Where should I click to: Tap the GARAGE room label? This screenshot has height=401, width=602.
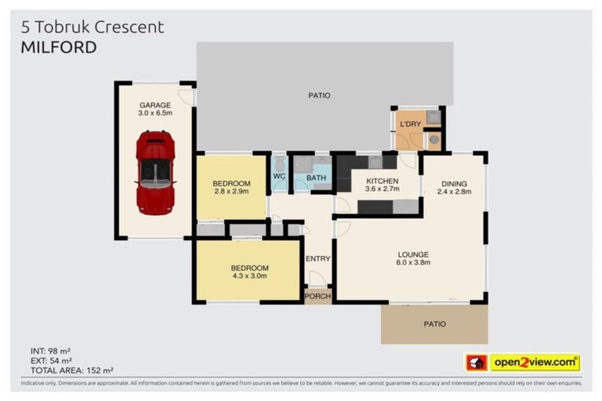pos(155,104)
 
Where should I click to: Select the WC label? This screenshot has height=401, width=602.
pos(279,177)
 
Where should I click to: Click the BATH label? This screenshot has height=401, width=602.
pos(316,178)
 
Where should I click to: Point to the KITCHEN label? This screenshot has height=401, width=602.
pos(382,181)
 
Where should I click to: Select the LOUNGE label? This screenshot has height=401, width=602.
pos(412,255)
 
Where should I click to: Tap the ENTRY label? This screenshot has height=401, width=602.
pos(318,258)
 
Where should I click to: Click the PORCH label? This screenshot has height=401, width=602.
pos(318,296)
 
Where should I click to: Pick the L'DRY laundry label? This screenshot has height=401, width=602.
pos(409,125)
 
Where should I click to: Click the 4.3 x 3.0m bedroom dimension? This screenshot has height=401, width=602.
pos(249,276)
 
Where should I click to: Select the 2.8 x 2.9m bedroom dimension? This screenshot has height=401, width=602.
pos(231,191)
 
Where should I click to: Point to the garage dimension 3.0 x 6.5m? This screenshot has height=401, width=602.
pos(155,114)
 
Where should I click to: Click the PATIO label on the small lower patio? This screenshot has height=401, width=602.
pos(434,323)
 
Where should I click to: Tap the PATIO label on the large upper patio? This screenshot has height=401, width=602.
pos(319,96)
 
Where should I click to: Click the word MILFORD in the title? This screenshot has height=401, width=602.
pos(59,47)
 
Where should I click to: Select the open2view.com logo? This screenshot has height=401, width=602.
pos(534,363)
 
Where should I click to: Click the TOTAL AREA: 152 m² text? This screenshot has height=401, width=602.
pos(72,370)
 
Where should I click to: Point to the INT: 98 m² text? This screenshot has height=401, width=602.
pos(52,350)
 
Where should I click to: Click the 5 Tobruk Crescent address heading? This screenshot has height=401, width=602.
pos(92,27)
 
